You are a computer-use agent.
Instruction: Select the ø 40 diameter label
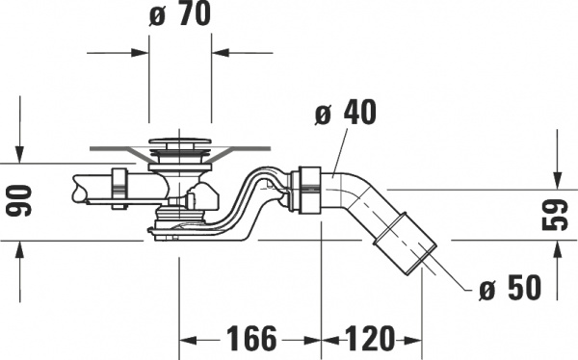pyautogui.click(x=343, y=113)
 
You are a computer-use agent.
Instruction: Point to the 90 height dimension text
pyautogui.click(x=21, y=202)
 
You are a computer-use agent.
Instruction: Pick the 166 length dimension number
pyautogui.click(x=251, y=340)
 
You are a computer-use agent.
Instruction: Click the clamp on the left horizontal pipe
pyautogui.click(x=120, y=187)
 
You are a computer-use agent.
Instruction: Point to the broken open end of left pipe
pyautogui.click(x=76, y=188)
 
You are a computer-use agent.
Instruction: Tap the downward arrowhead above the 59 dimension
pyautogui.click(x=558, y=179)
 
